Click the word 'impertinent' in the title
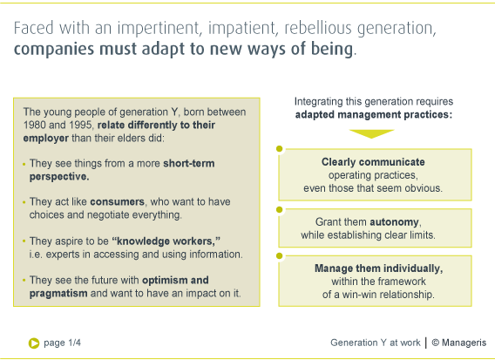[159, 29]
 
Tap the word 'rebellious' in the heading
[318, 28]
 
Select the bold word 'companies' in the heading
[54, 50]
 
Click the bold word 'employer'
[46, 139]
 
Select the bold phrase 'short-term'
[189, 163]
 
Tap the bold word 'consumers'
[117, 201]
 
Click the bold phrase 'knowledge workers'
[165, 241]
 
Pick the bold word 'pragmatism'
[58, 294]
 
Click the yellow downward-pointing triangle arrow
[371, 133]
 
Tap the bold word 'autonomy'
[394, 222]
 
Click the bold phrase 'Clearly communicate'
[373, 162]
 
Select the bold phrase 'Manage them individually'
[378, 268]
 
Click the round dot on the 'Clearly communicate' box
[280, 149]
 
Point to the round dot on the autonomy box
[280, 209]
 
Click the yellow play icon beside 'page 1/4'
[34, 343]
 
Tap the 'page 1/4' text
[62, 343]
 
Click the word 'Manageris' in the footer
[464, 343]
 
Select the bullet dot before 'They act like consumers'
[24, 202]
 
